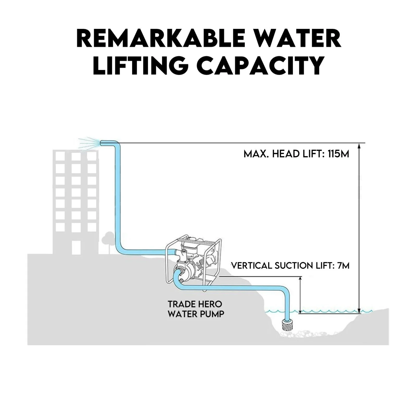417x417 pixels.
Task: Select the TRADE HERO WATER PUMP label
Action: [x=196, y=309]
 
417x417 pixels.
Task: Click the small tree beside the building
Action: [x=107, y=238]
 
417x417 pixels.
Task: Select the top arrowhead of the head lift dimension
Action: [x=359, y=146]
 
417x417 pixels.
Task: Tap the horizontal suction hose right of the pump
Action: [x=235, y=288]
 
